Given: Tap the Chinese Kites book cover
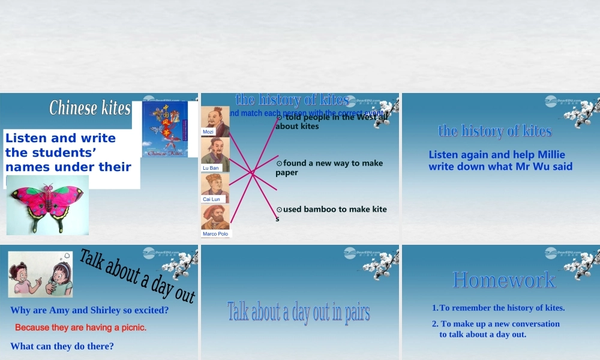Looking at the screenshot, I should pyautogui.click(x=165, y=129).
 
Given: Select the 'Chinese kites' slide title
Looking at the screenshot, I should pyautogui.click(x=90, y=108).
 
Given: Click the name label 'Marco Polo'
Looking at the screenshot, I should pyautogui.click(x=215, y=234).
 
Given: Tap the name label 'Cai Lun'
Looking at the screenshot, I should pyautogui.click(x=211, y=199).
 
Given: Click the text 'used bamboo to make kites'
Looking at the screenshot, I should pyautogui.click(x=331, y=213).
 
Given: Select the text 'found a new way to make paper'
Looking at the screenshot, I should pyautogui.click(x=329, y=167).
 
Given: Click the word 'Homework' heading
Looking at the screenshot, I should pyautogui.click(x=504, y=280).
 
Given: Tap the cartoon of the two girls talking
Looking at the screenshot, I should pyautogui.click(x=40, y=274).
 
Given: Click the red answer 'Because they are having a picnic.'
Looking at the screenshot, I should pyautogui.click(x=80, y=328).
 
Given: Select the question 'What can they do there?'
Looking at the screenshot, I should pyautogui.click(x=62, y=346).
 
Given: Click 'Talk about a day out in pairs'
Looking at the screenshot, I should pyautogui.click(x=299, y=312).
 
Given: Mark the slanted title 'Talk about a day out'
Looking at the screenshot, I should pyautogui.click(x=137, y=276).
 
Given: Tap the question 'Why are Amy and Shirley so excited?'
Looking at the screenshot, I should pyautogui.click(x=89, y=310).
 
